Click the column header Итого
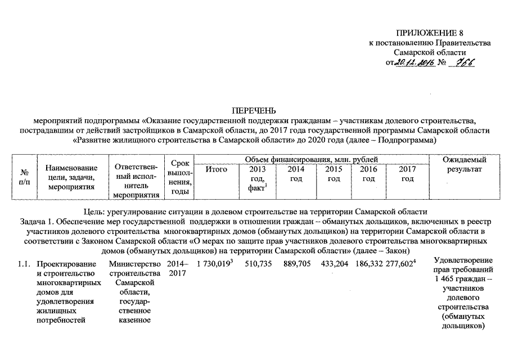click(x=216, y=169)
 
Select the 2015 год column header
click(x=334, y=174)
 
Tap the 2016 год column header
click(x=368, y=174)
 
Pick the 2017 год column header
click(x=407, y=174)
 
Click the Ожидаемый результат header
click(x=464, y=164)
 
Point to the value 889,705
click(x=298, y=263)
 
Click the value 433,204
click(x=334, y=263)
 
